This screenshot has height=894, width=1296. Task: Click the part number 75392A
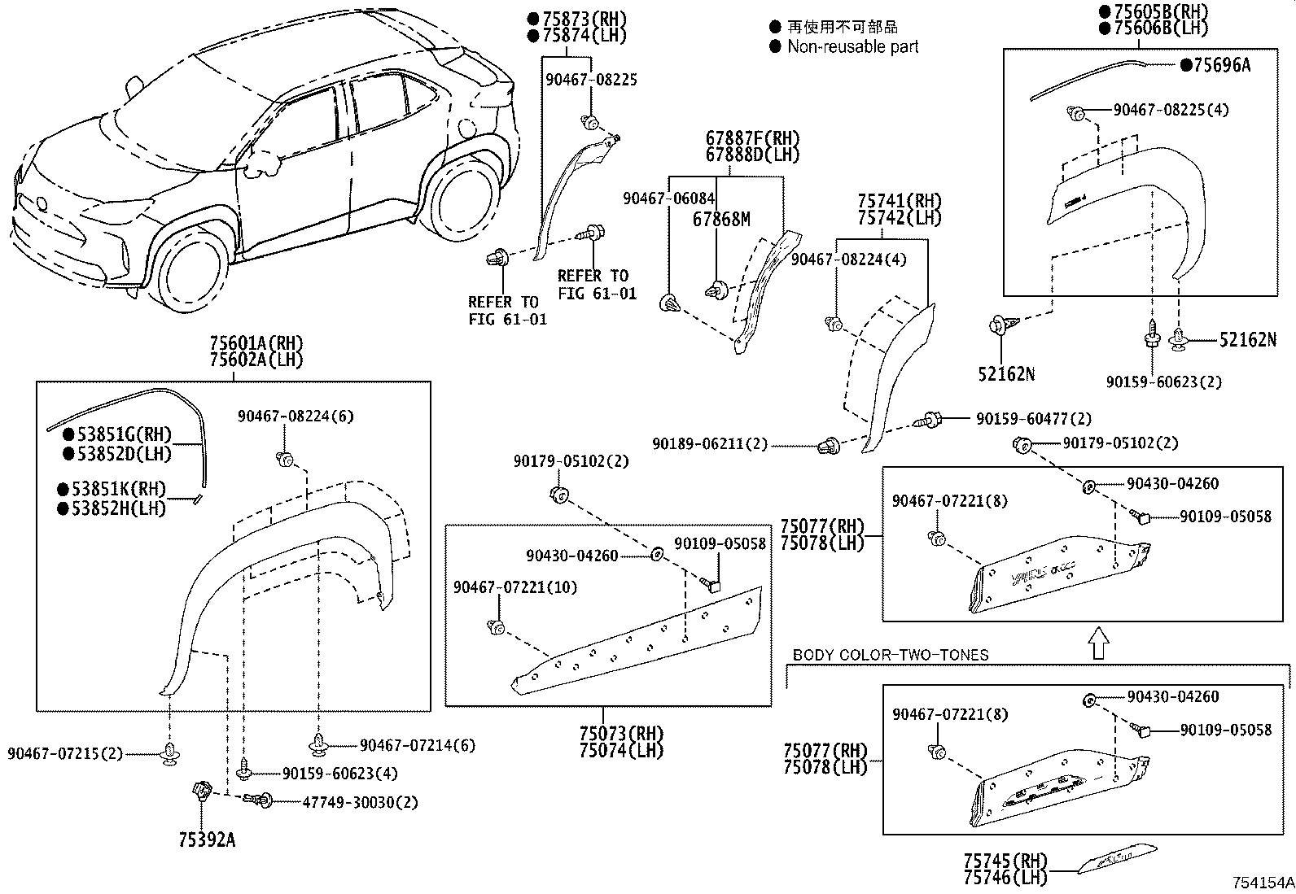(207, 839)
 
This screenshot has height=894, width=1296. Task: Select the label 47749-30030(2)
(359, 802)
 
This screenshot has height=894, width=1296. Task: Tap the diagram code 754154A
(1262, 882)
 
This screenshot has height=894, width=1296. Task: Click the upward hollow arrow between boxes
(1098, 642)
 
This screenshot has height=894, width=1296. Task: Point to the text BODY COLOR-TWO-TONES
(890, 655)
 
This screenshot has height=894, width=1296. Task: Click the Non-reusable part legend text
(852, 46)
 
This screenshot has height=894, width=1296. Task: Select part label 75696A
(1221, 66)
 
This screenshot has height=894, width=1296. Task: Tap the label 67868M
(721, 219)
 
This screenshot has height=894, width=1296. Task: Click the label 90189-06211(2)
(709, 444)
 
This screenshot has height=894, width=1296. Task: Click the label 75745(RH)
(994, 861)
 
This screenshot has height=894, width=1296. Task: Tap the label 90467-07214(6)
(418, 744)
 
